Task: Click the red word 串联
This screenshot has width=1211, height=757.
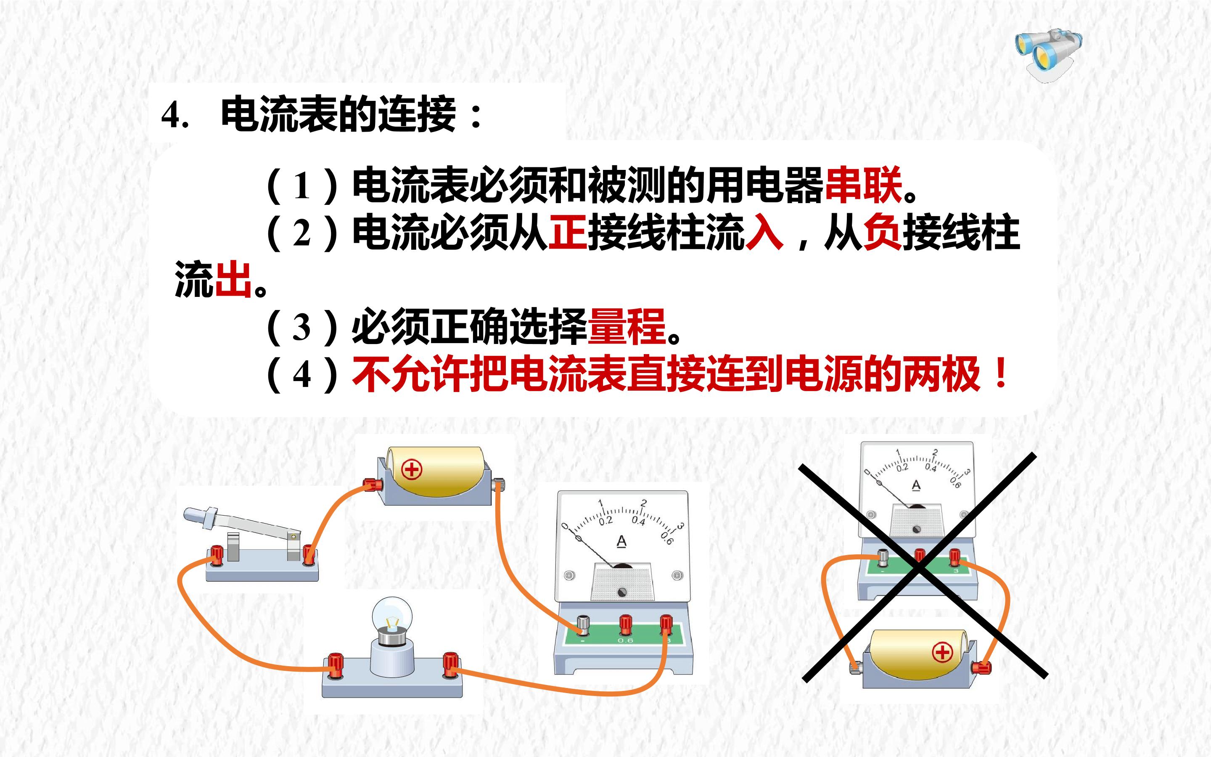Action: [863, 185]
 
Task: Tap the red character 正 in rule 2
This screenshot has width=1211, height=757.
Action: [568, 232]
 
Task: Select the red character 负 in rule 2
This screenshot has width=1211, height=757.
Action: [883, 232]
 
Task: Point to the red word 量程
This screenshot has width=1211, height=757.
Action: [627, 326]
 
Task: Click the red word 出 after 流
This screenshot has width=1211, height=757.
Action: [233, 279]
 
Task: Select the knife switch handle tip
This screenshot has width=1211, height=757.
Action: [192, 515]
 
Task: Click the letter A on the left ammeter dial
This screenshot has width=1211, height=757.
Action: [621, 542]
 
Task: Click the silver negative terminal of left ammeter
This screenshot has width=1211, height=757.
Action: [583, 625]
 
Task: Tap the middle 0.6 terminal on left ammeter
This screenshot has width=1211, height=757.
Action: [625, 625]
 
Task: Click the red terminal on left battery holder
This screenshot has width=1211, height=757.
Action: [372, 484]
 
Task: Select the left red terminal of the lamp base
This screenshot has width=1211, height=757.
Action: [335, 665]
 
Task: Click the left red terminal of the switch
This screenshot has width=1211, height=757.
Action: [217, 555]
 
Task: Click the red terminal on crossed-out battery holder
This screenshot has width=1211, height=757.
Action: [981, 667]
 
